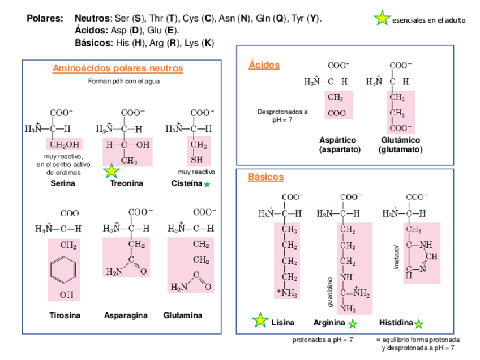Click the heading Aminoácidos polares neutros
click(x=118, y=68)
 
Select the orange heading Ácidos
click(x=264, y=65)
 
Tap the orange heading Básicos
click(x=265, y=177)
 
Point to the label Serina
click(x=62, y=183)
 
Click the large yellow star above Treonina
click(x=112, y=170)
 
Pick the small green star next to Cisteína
click(x=207, y=185)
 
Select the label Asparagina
click(x=126, y=315)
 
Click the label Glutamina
click(x=183, y=315)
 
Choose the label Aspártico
click(x=338, y=140)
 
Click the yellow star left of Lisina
click(x=260, y=320)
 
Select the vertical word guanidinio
click(x=330, y=292)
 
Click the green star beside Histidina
click(x=419, y=324)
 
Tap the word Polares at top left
click(x=45, y=19)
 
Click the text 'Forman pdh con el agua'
click(x=124, y=81)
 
